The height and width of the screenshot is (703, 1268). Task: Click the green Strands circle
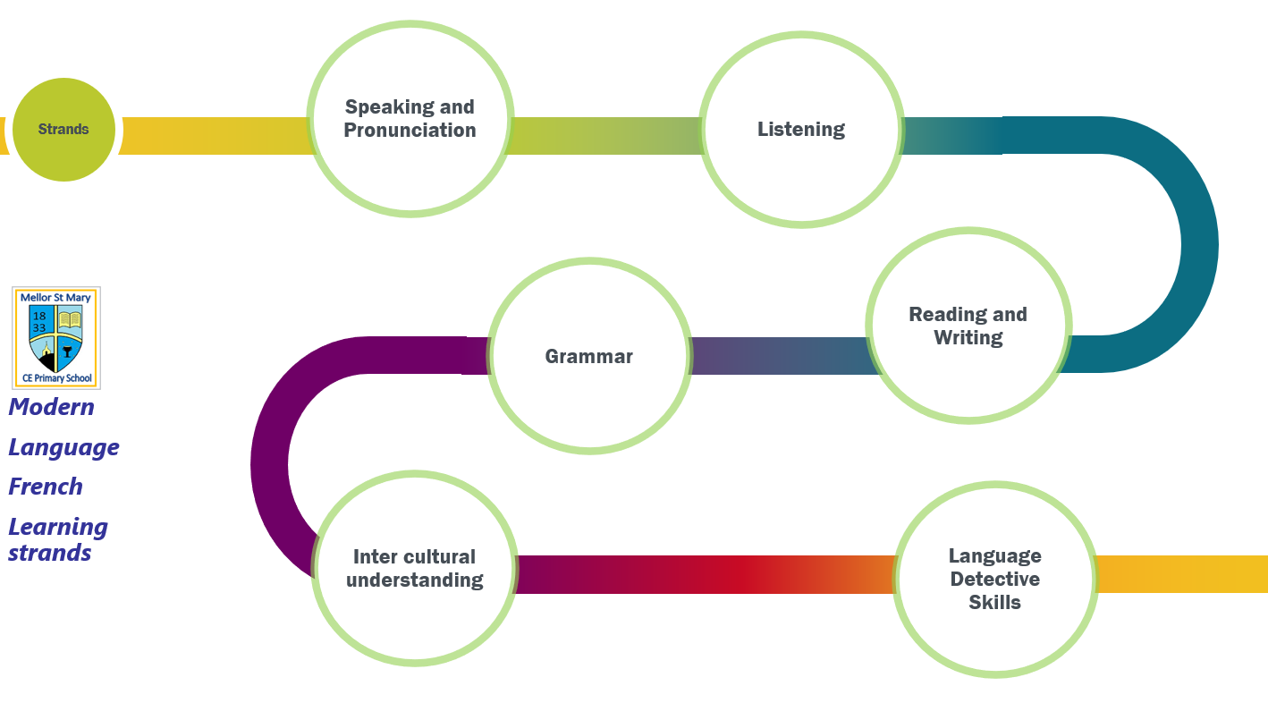(x=63, y=130)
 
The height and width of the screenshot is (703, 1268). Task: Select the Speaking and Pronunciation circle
(x=410, y=119)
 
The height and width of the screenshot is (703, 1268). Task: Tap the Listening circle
(x=801, y=130)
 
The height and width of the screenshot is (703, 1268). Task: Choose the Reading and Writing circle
(x=968, y=326)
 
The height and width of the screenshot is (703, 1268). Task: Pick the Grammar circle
(x=589, y=356)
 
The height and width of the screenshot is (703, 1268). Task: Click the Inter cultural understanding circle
(x=414, y=568)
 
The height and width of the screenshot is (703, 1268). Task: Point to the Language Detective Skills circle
(x=995, y=579)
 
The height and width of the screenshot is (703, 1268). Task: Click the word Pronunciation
(x=410, y=131)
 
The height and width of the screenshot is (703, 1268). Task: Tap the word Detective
(x=995, y=579)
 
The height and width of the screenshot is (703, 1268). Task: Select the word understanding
(x=414, y=580)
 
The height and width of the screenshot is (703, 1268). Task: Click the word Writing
(x=968, y=338)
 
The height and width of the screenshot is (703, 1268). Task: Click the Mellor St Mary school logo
(x=56, y=338)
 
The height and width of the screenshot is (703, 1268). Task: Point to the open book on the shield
(x=70, y=320)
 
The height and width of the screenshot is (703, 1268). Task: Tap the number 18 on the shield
(x=39, y=316)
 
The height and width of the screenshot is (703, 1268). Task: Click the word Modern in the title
(x=52, y=407)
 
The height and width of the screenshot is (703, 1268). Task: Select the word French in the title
(x=46, y=487)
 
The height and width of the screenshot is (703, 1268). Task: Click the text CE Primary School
(x=56, y=378)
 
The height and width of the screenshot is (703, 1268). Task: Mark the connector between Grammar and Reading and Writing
(x=779, y=356)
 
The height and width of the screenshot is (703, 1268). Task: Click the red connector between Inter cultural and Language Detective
(x=706, y=574)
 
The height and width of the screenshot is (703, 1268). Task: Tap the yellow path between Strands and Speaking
(x=216, y=136)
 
